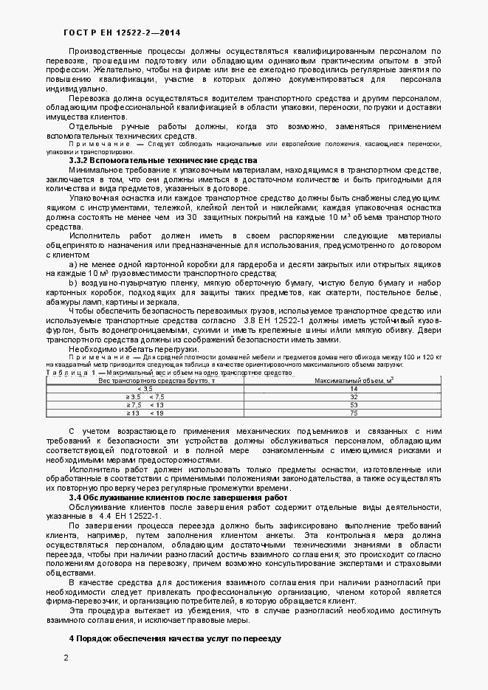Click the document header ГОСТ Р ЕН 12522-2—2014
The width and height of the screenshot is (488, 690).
pos(111,32)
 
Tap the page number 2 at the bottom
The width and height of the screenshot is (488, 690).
pos(66,658)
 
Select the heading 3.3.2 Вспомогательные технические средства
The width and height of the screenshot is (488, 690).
pos(162,161)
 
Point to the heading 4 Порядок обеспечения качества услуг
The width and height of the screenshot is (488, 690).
pos(175,636)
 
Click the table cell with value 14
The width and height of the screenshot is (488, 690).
pos(354,389)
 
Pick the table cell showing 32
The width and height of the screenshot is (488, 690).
pos(354,397)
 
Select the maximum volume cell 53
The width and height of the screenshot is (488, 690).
pos(354,405)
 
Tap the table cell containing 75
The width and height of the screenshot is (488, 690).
pos(354,413)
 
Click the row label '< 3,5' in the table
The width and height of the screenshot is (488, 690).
pos(145,389)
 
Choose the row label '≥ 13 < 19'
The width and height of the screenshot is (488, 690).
pos(145,413)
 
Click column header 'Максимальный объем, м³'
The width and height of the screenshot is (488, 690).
pos(354,381)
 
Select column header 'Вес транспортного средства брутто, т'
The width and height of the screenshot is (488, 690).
pos(146,381)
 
